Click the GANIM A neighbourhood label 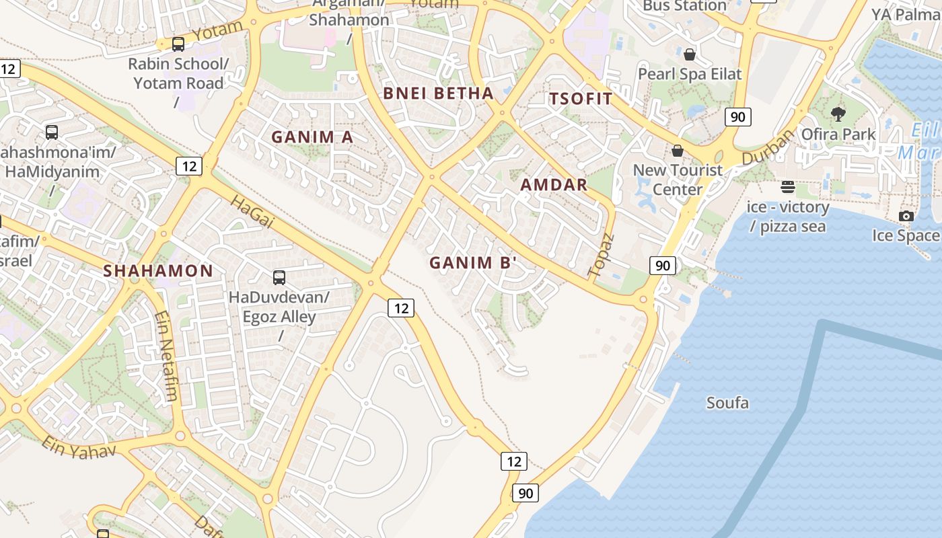[312, 137]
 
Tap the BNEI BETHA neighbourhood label [438, 93]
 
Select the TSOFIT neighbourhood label [581, 99]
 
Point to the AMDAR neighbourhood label [554, 185]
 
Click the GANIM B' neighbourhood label [472, 263]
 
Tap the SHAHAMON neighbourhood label [158, 271]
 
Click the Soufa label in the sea [727, 403]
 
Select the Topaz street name [602, 256]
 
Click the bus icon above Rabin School [178, 44]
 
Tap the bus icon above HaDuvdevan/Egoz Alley [279, 277]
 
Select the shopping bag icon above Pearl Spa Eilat [689, 54]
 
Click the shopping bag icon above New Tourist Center [678, 151]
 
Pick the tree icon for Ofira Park [838, 114]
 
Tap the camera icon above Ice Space [906, 216]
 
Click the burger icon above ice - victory [787, 186]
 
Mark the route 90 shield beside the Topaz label [662, 266]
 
